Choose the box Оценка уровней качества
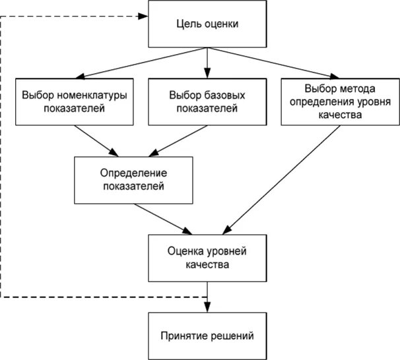click(x=207, y=259)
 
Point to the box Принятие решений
click(x=207, y=335)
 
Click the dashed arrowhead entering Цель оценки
click(x=143, y=16)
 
